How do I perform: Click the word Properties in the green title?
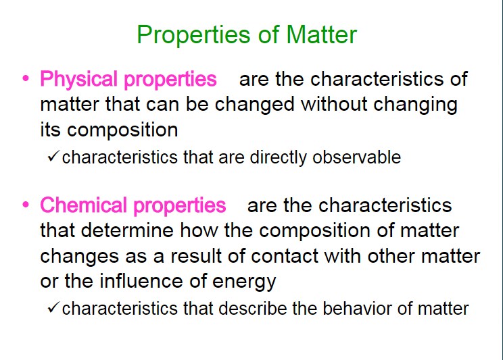point(193,35)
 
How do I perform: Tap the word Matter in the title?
point(321,34)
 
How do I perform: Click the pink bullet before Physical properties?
point(26,78)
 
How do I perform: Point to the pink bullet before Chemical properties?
point(26,204)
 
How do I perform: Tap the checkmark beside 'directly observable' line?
point(53,156)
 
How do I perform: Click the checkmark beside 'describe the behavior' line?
point(53,307)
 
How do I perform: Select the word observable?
point(357,157)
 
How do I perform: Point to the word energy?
point(244,282)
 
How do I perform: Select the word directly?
point(279,158)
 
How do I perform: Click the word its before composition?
point(50,130)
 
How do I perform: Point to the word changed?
point(254,105)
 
